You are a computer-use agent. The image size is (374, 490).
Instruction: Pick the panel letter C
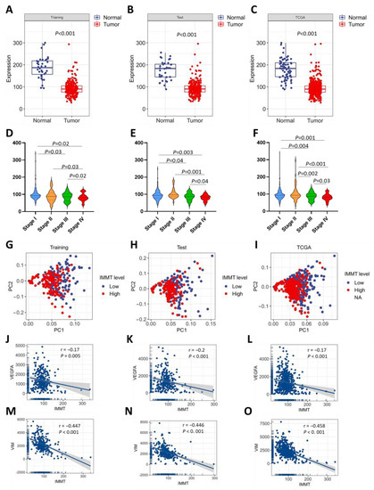point(255,6)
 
